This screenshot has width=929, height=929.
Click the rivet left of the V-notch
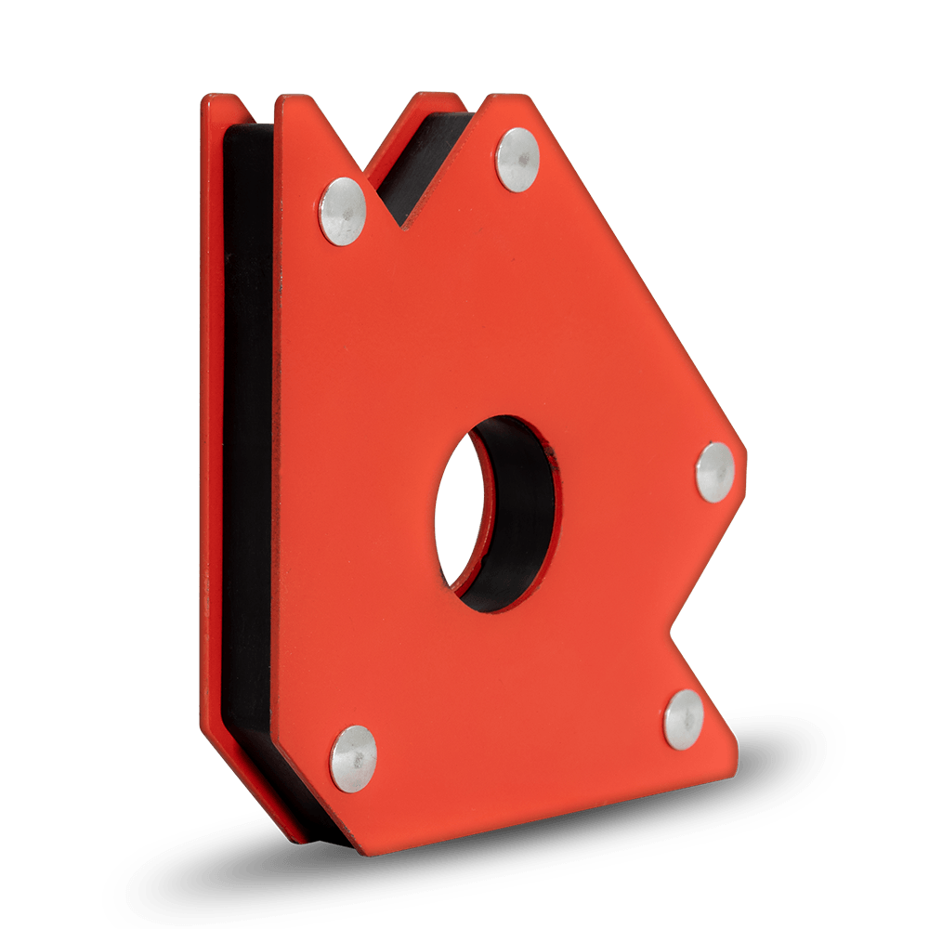(x=343, y=211)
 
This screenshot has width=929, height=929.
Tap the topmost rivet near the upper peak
(x=517, y=160)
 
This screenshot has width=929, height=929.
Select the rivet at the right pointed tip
(x=715, y=472)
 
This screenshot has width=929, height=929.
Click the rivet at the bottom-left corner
(x=354, y=759)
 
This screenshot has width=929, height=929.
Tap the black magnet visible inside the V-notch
(x=423, y=163)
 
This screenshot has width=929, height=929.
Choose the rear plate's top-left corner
(x=210, y=96)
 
